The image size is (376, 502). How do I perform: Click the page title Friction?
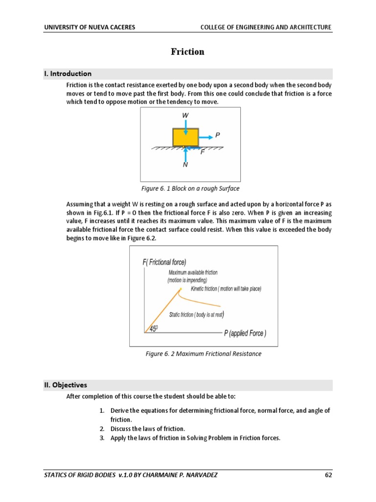click(188, 52)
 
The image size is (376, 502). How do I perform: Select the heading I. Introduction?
click(68, 74)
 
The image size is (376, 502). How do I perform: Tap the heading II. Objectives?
click(66, 385)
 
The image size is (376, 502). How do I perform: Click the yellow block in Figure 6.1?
click(186, 137)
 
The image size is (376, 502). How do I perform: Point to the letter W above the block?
click(186, 115)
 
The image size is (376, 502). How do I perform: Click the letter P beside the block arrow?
click(217, 134)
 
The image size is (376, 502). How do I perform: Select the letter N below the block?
click(185, 165)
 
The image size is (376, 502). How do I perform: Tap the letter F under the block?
click(202, 152)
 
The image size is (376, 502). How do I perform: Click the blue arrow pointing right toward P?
click(206, 137)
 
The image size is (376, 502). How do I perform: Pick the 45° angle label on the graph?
click(153, 329)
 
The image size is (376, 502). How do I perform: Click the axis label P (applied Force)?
click(245, 333)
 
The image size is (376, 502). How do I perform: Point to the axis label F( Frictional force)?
click(164, 262)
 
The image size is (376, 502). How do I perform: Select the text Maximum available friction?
click(193, 272)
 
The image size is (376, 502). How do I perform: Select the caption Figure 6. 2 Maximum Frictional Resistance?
click(203, 353)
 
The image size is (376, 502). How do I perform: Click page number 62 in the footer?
click(329, 475)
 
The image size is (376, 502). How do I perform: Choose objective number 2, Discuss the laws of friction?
click(147, 428)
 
